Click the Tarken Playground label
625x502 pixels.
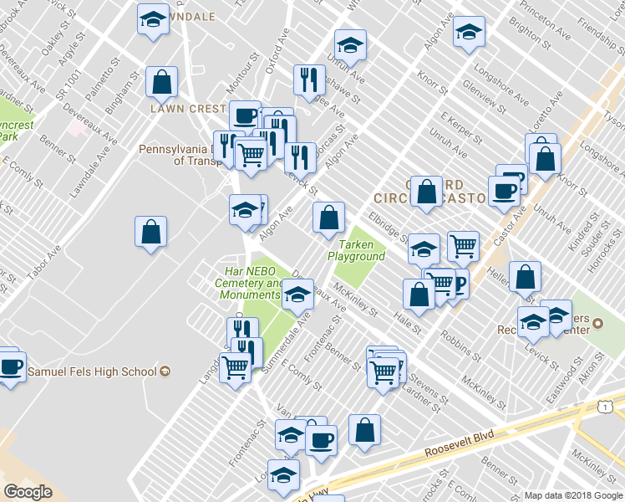(356, 250)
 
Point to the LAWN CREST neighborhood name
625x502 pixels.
(188, 109)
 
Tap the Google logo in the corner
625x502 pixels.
(28, 492)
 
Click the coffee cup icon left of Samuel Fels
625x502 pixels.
(10, 366)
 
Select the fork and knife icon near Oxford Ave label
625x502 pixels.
(309, 79)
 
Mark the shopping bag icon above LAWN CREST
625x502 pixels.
(161, 82)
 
